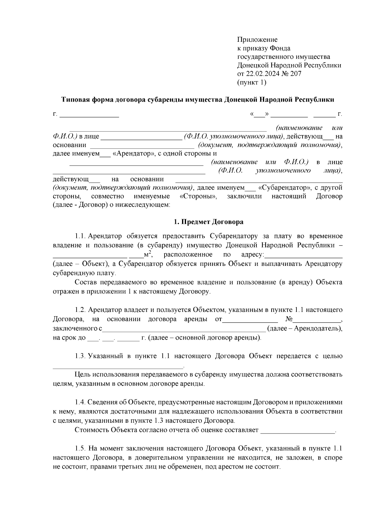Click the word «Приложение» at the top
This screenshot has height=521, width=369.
[257, 40]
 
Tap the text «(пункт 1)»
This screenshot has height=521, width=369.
[252, 82]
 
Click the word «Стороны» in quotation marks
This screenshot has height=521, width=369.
[198, 196]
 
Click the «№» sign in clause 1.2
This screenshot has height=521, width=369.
[288, 319]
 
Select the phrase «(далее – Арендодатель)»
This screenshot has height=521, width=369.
[304, 329]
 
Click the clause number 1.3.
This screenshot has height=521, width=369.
[81, 356]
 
